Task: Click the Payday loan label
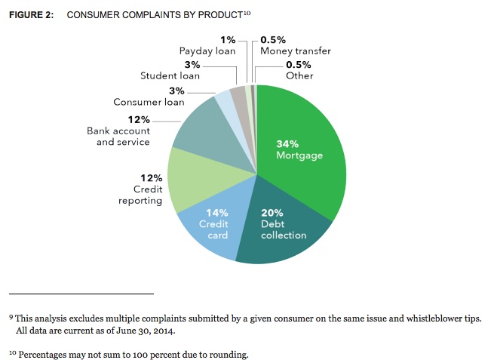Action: tap(207, 51)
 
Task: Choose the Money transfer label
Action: tap(296, 51)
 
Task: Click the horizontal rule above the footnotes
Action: tap(81, 292)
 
